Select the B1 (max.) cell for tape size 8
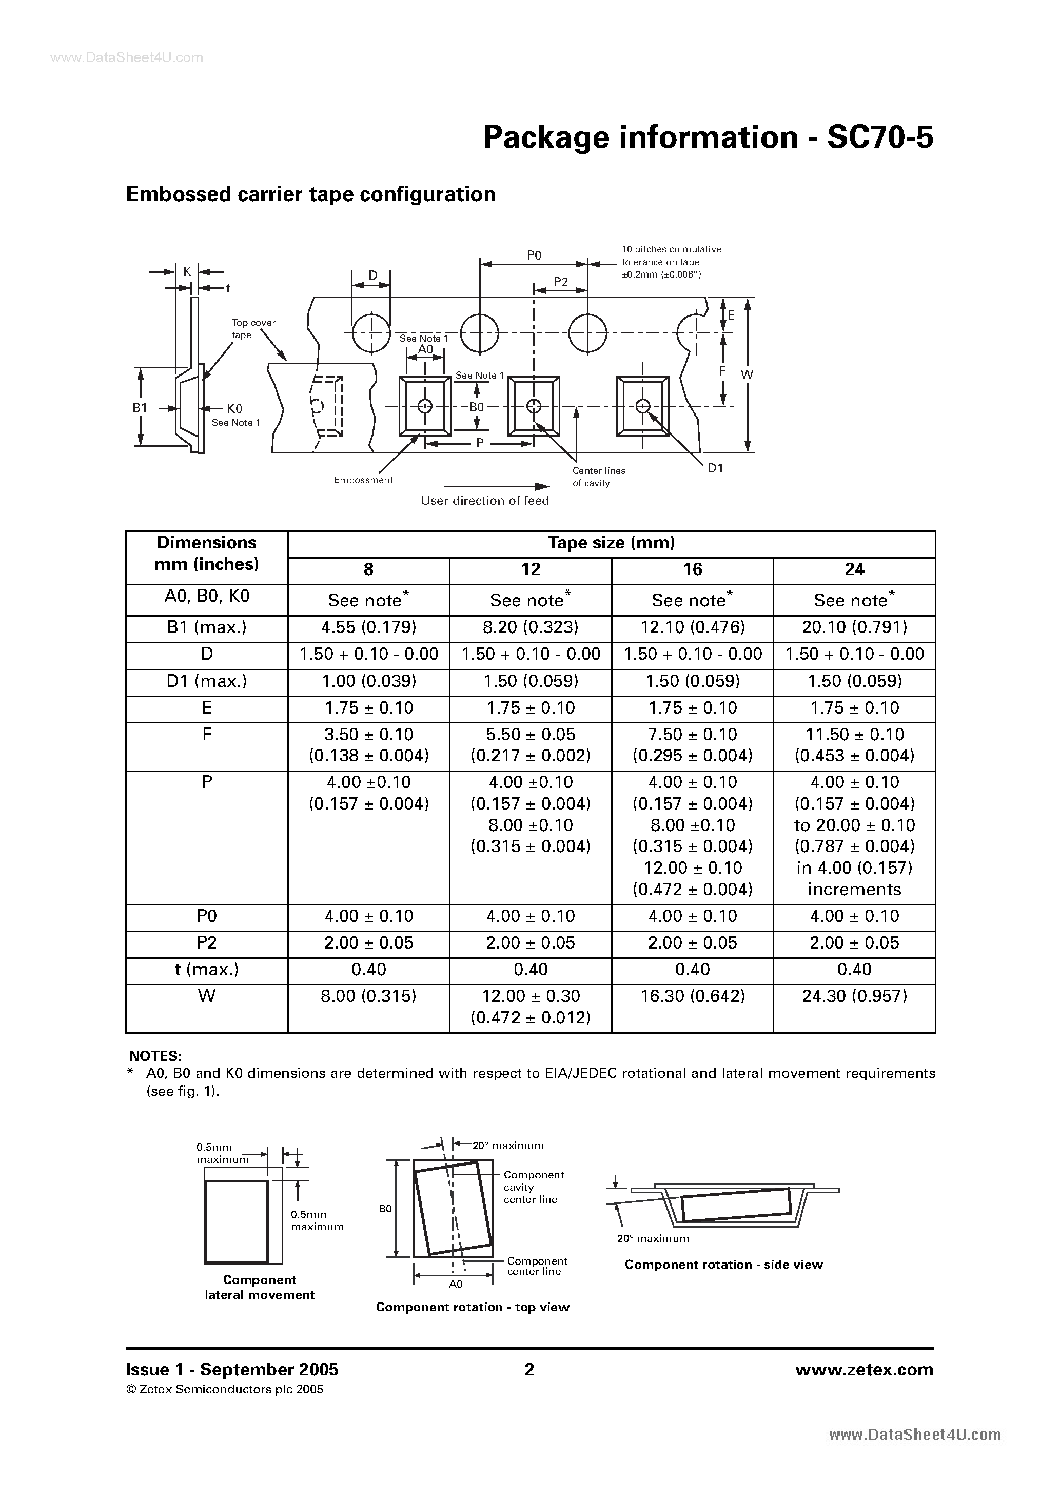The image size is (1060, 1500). pyautogui.click(x=368, y=628)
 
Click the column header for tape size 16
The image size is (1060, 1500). pyautogui.click(x=692, y=570)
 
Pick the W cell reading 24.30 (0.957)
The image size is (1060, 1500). pyautogui.click(x=854, y=996)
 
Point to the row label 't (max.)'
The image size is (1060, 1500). pyautogui.click(x=207, y=970)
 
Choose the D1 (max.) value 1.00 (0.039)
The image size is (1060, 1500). pyautogui.click(x=368, y=681)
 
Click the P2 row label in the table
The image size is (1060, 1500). pyautogui.click(x=207, y=943)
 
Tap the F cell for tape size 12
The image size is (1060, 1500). pyautogui.click(x=531, y=745)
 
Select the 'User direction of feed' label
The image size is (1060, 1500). pyautogui.click(x=484, y=501)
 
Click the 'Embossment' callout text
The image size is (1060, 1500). pyautogui.click(x=363, y=480)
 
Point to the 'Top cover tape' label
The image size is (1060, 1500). pyautogui.click(x=253, y=329)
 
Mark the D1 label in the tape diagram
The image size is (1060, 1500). pyautogui.click(x=716, y=468)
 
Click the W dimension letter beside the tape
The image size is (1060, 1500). pyautogui.click(x=747, y=374)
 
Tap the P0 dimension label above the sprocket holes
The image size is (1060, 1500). pyautogui.click(x=534, y=255)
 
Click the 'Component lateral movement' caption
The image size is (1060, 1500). pyautogui.click(x=260, y=1288)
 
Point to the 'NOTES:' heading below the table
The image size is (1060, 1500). pyautogui.click(x=155, y=1056)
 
